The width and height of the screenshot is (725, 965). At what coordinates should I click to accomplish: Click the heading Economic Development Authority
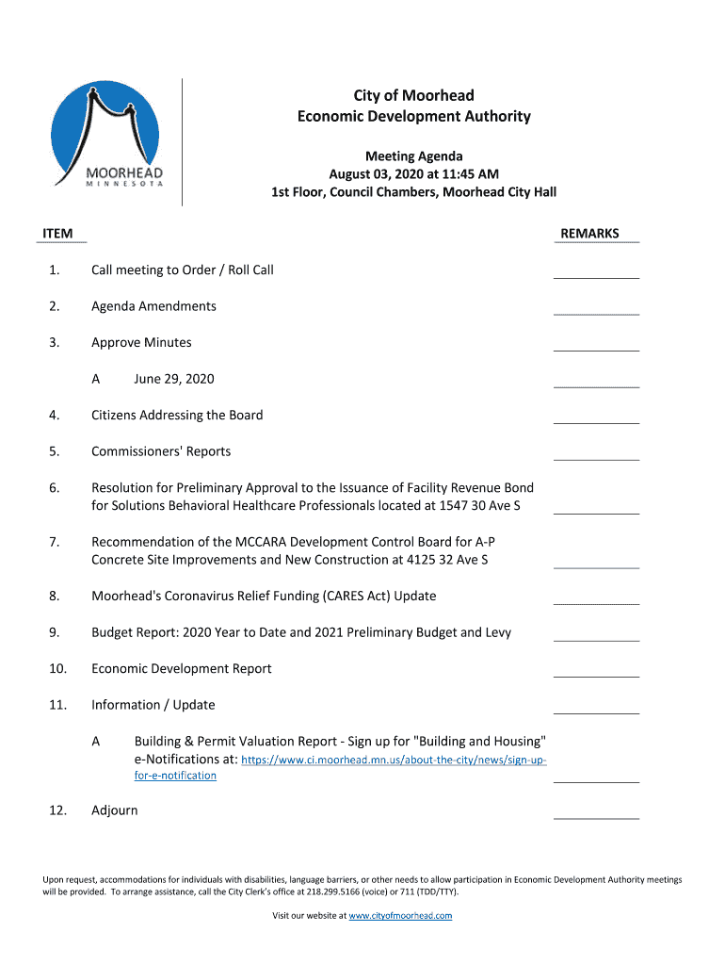click(x=414, y=117)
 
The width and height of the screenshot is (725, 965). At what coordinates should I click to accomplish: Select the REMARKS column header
click(x=589, y=234)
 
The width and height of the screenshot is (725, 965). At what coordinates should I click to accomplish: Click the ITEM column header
click(x=57, y=234)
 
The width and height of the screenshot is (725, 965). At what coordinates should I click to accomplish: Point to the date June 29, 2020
click(x=174, y=379)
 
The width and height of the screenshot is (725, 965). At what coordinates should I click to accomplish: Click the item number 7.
click(x=55, y=542)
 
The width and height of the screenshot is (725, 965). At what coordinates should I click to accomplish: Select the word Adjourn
click(x=114, y=810)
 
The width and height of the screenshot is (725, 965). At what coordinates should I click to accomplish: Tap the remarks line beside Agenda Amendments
click(x=596, y=313)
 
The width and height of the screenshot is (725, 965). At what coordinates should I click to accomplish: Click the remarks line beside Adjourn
click(x=596, y=817)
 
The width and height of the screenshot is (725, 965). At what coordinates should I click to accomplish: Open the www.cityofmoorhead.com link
click(x=400, y=916)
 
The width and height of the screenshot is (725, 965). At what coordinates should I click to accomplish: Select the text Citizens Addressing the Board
click(x=177, y=416)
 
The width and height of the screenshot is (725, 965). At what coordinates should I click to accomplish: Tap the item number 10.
click(x=56, y=669)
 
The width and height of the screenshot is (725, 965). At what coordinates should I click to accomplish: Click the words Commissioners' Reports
click(x=161, y=451)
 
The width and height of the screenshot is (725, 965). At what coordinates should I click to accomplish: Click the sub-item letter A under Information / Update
click(x=96, y=742)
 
